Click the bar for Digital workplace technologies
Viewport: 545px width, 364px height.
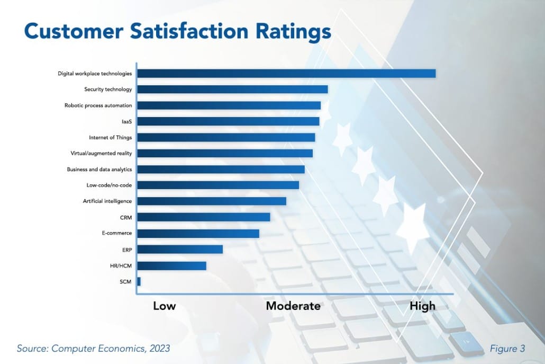click(286, 73)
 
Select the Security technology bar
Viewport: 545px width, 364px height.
click(232, 89)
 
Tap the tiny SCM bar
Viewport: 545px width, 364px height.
click(139, 281)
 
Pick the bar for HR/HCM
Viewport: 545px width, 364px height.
click(171, 265)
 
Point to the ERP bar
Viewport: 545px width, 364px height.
click(180, 249)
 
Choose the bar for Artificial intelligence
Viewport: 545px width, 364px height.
click(212, 201)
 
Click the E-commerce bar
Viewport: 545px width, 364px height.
click(198, 233)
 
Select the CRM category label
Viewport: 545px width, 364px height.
click(126, 217)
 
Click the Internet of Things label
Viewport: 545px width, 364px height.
click(110, 137)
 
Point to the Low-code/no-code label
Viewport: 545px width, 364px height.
click(109, 185)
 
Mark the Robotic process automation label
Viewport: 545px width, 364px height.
click(98, 105)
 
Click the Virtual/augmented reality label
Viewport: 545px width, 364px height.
click(101, 153)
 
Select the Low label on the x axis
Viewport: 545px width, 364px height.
click(164, 306)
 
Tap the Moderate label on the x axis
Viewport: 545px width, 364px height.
click(293, 306)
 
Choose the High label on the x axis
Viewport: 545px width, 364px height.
click(422, 306)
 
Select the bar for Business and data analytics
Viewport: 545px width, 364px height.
click(221, 170)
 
